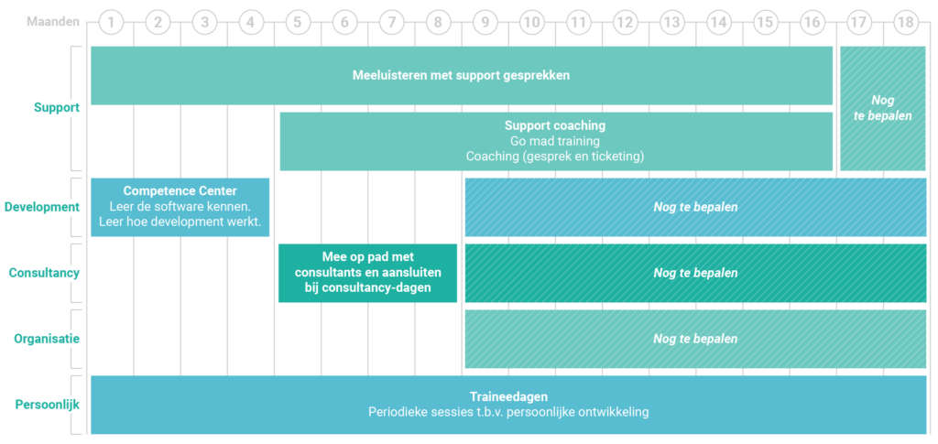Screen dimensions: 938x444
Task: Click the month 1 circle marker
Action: (x=111, y=23)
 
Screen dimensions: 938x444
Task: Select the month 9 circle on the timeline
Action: (x=485, y=23)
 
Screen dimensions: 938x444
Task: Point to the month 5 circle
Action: (x=298, y=23)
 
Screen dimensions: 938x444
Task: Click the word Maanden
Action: (x=53, y=23)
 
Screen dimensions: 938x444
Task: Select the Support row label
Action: (x=57, y=108)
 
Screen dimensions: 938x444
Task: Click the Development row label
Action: (x=42, y=207)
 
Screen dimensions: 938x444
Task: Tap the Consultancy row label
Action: (x=44, y=273)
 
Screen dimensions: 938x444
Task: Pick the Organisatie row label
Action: (x=47, y=339)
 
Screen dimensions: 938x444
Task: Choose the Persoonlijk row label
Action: (x=48, y=405)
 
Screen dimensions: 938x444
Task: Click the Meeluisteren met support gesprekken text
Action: (x=462, y=76)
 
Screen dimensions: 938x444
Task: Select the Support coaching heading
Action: (x=555, y=125)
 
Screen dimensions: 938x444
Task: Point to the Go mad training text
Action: (x=555, y=141)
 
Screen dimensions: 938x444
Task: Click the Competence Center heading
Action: (x=180, y=191)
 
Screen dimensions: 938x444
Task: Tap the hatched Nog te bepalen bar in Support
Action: (x=883, y=108)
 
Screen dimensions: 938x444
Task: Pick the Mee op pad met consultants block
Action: (x=368, y=273)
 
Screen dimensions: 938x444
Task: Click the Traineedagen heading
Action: (x=508, y=396)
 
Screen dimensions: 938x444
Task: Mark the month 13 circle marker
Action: (x=672, y=23)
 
